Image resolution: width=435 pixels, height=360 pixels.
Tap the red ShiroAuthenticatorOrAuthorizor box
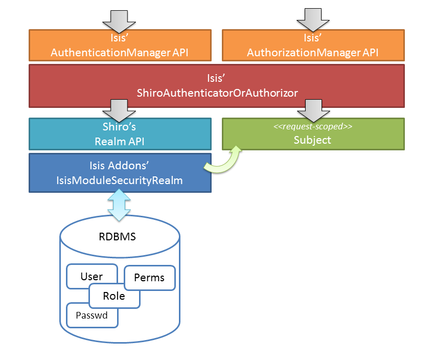(x=217, y=85)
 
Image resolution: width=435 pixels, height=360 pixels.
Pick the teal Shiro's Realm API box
(x=120, y=134)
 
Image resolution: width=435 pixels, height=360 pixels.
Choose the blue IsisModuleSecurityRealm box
(x=120, y=173)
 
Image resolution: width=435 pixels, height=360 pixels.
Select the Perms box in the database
(x=149, y=278)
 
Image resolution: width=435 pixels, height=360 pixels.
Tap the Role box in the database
(x=114, y=296)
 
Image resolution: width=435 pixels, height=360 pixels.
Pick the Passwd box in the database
(x=91, y=315)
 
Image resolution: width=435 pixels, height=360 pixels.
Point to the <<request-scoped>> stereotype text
(x=313, y=126)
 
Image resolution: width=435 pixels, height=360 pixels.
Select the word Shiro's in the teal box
(x=120, y=128)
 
